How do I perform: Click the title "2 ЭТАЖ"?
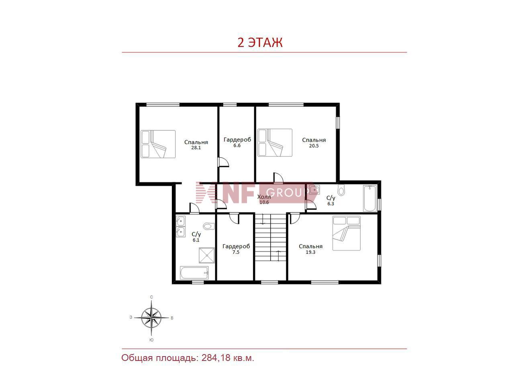(260, 43)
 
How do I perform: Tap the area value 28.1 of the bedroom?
(196, 148)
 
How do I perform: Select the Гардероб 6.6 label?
(237, 142)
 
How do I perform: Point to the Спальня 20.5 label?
(314, 143)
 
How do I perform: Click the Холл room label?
(264, 197)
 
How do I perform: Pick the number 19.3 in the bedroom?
(310, 252)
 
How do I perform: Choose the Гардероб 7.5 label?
(236, 249)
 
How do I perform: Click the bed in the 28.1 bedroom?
(158, 144)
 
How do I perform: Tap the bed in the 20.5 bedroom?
(275, 143)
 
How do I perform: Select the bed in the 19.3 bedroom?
(346, 233)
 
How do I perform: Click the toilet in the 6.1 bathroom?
(209, 226)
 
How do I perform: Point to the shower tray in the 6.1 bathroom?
(207, 255)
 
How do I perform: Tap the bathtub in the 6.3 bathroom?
(370, 199)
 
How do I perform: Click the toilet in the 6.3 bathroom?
(341, 190)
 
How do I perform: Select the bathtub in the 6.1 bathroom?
(194, 273)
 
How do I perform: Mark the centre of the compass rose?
(151, 318)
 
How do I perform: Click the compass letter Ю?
(151, 340)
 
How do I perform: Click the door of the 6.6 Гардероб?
(223, 162)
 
